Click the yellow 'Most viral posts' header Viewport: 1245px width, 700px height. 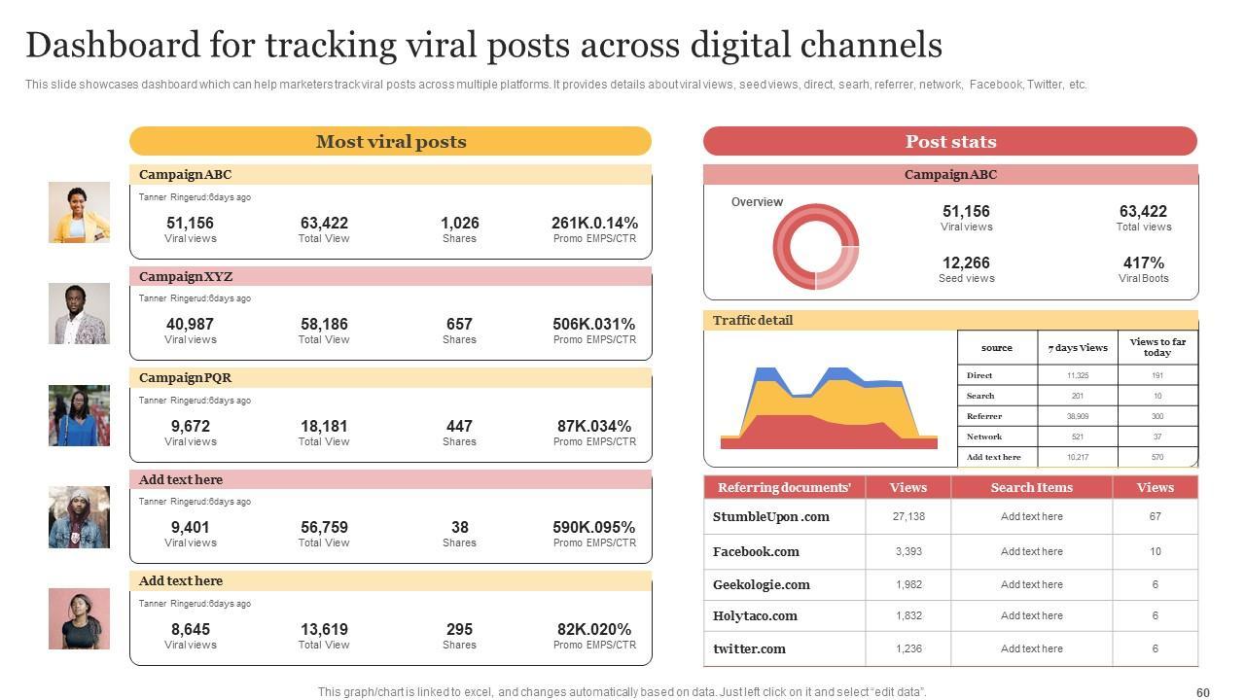coord(390,142)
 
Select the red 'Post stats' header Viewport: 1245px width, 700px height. coord(950,142)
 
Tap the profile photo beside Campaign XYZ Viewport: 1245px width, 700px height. coord(79,314)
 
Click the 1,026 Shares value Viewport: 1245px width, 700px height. coord(459,224)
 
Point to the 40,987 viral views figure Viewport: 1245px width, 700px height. coord(190,325)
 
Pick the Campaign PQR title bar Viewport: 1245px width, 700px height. coord(390,378)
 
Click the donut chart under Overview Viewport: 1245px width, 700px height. coord(816,247)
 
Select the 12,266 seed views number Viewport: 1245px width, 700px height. coord(966,263)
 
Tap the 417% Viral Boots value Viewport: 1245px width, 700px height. coord(1143,263)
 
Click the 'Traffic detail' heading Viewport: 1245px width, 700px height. coord(753,321)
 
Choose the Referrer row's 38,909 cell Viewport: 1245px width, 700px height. coord(1077,416)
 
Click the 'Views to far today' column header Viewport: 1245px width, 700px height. coord(1157,347)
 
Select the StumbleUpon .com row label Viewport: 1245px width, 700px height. coord(770,517)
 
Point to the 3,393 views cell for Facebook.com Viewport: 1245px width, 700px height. coord(908,551)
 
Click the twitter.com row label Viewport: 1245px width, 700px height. coord(749,648)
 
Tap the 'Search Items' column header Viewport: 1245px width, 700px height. coord(1031,488)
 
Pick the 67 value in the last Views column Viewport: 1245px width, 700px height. coord(1155,517)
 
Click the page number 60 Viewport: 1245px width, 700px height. coord(1202,693)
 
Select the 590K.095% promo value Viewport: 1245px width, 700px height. coord(594,528)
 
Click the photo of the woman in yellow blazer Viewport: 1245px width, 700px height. coord(79,212)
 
